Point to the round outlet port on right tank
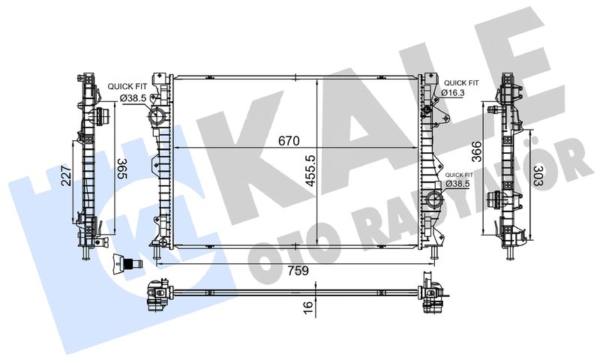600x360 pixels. (435, 199)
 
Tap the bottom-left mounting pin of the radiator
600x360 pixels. (156, 255)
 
